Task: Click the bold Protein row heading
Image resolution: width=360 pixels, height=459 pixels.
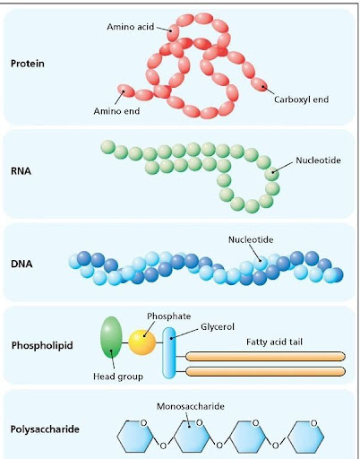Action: [28, 64]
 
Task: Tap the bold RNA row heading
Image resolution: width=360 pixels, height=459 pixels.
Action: [21, 171]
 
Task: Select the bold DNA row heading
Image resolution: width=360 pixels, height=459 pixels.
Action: [21, 264]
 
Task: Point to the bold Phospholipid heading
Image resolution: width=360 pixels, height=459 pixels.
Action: [42, 345]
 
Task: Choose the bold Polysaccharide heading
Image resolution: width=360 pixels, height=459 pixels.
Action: [45, 429]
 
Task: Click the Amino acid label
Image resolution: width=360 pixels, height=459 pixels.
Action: [131, 27]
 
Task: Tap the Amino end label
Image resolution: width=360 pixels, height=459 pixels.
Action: [116, 111]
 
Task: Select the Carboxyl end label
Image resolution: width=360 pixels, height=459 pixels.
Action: [301, 100]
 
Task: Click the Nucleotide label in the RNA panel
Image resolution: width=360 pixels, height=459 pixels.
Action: [318, 160]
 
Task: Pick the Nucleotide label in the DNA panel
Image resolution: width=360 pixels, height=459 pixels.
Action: [251, 239]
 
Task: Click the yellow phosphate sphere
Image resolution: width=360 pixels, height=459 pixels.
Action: [142, 342]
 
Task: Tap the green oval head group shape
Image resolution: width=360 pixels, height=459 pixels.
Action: [112, 337]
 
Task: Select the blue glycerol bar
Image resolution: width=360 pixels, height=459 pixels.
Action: [169, 353]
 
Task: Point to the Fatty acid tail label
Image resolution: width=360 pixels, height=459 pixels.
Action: [274, 342]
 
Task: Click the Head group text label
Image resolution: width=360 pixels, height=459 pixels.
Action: [118, 377]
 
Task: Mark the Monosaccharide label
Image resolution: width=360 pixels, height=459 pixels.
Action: [191, 406]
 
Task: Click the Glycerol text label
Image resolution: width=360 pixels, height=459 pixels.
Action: [218, 327]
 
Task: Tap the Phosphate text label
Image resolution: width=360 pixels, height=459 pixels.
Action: [169, 316]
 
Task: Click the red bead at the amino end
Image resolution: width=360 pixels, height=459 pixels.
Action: [126, 91]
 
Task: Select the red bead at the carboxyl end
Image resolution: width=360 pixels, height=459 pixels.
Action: [259, 84]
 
